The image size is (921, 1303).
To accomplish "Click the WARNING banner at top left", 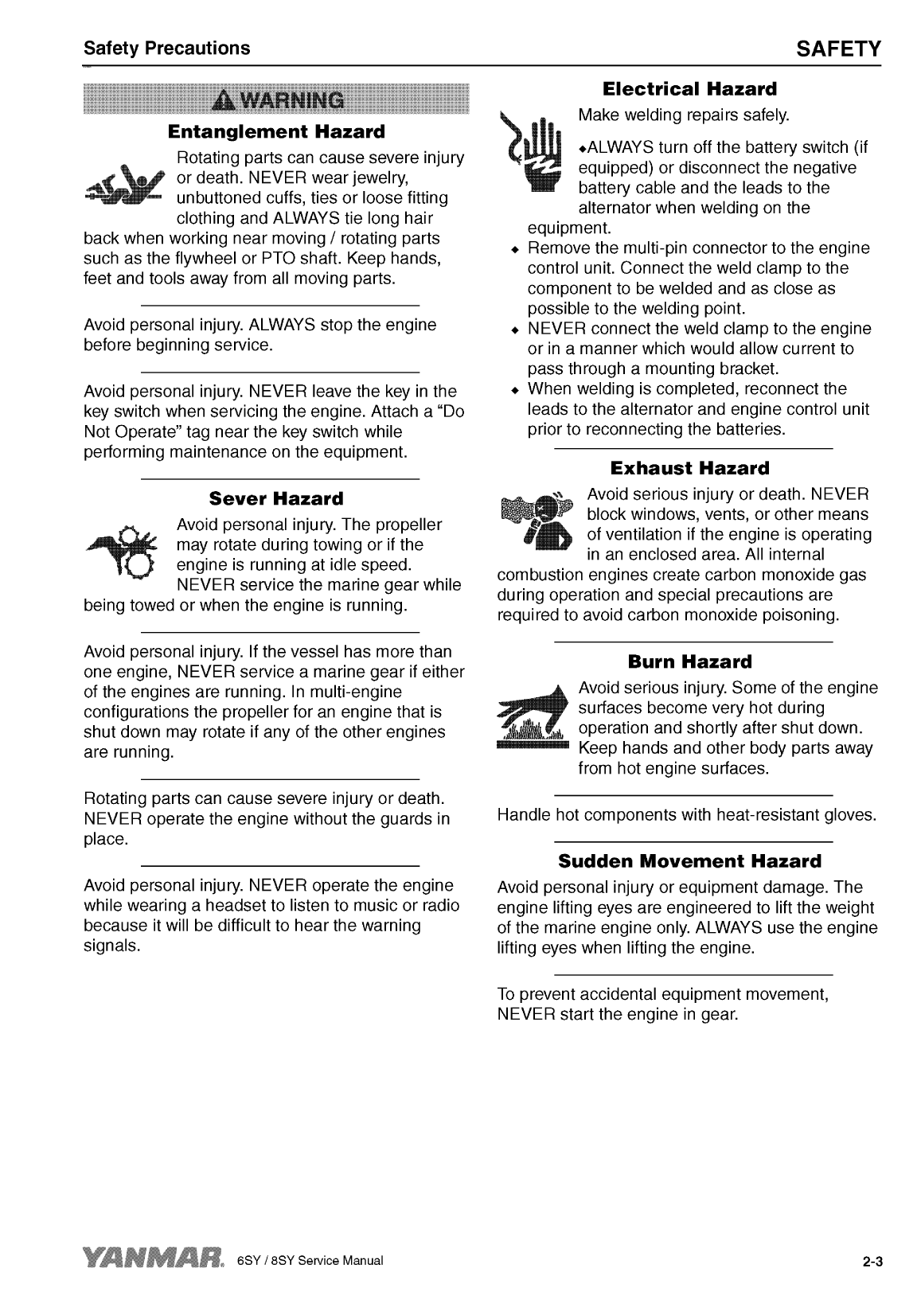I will point(277,99).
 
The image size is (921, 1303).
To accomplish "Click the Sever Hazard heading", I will point(275,499).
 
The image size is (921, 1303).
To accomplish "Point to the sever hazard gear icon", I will point(125,554).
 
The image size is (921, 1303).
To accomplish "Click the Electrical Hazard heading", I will point(689,88).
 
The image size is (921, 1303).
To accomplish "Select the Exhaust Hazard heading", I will point(689,467).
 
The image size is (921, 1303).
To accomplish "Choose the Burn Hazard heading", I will point(689,661).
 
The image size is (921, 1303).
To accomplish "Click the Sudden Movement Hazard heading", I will point(689,861).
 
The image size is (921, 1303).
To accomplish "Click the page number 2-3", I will point(872,1262).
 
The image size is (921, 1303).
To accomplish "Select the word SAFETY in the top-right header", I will point(839,49).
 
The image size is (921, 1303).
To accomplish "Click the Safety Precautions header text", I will point(166,49).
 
